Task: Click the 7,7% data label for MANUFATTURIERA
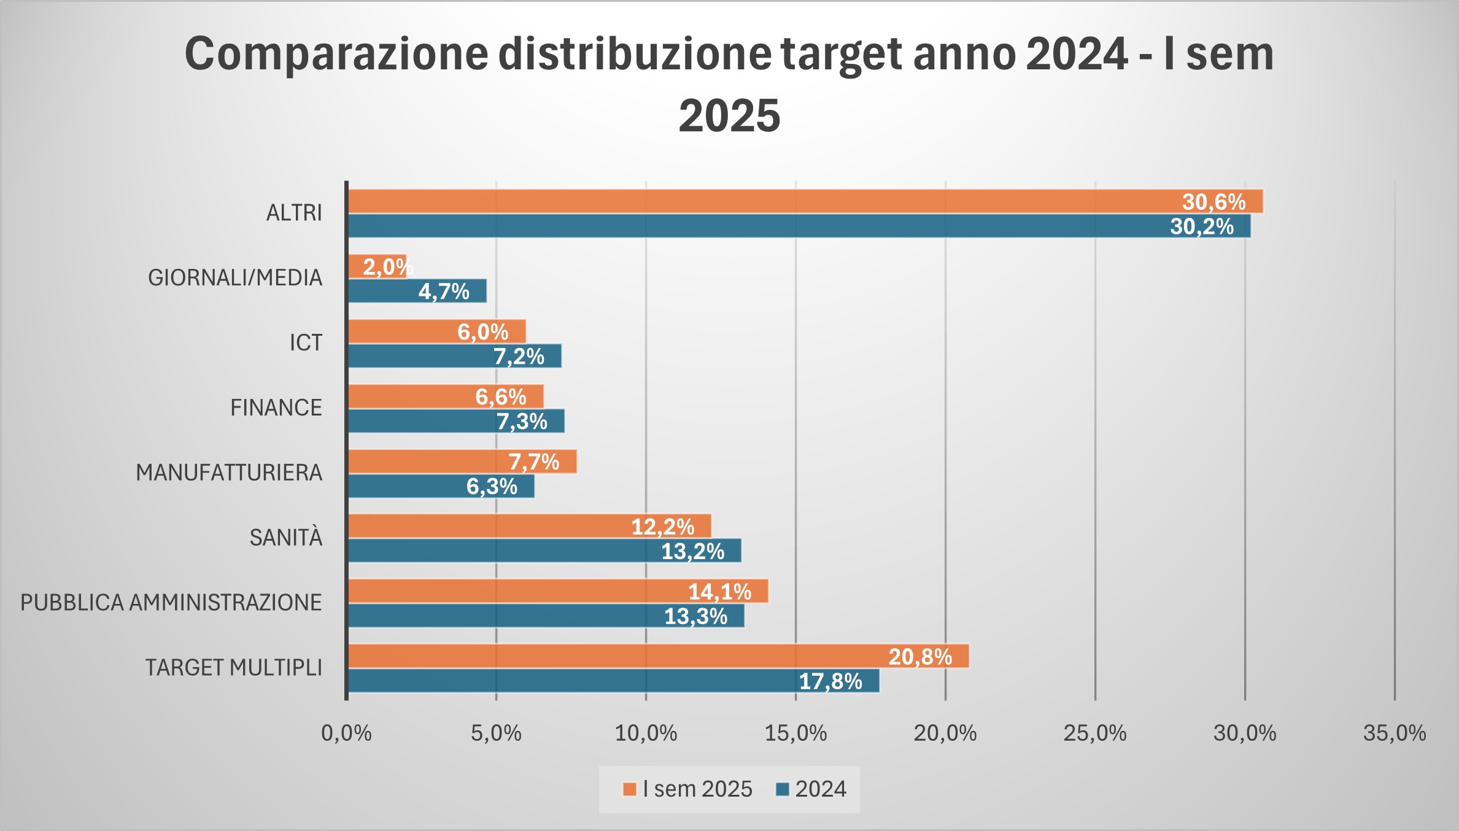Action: click(x=534, y=462)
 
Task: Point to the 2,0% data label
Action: click(x=387, y=266)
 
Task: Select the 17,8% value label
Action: click(x=830, y=681)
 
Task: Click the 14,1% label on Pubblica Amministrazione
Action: click(x=719, y=592)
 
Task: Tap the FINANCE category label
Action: click(x=276, y=408)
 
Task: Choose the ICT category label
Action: click(x=306, y=342)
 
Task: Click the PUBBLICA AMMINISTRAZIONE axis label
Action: click(x=171, y=603)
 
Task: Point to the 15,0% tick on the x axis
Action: click(x=795, y=733)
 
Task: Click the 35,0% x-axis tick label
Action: click(x=1394, y=733)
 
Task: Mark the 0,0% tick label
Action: click(x=346, y=733)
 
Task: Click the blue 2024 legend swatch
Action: click(x=783, y=789)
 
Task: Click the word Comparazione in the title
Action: click(x=336, y=54)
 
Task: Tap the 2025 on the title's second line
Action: click(x=729, y=115)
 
